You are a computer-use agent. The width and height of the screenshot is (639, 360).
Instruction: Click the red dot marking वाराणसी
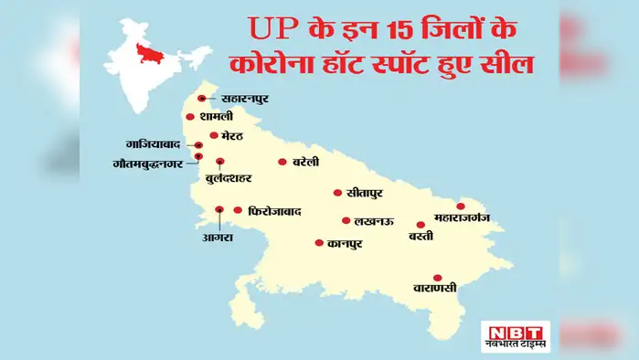pyautogui.click(x=438, y=278)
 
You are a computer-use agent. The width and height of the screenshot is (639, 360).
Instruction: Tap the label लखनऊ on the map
pyautogui.click(x=375, y=221)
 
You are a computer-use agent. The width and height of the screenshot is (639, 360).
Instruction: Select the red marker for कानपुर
pyautogui.click(x=318, y=243)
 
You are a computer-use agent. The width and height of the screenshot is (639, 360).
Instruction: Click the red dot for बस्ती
pyautogui.click(x=421, y=224)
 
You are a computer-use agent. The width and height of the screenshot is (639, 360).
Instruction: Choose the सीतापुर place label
pyautogui.click(x=364, y=194)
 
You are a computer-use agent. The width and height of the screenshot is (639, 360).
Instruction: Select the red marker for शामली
pyautogui.click(x=189, y=117)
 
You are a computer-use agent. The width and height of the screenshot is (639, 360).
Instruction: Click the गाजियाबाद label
pyautogui.click(x=157, y=145)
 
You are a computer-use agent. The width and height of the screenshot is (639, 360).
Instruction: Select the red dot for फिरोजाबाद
pyautogui.click(x=238, y=209)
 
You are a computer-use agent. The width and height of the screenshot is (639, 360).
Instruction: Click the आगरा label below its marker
pyautogui.click(x=219, y=238)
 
